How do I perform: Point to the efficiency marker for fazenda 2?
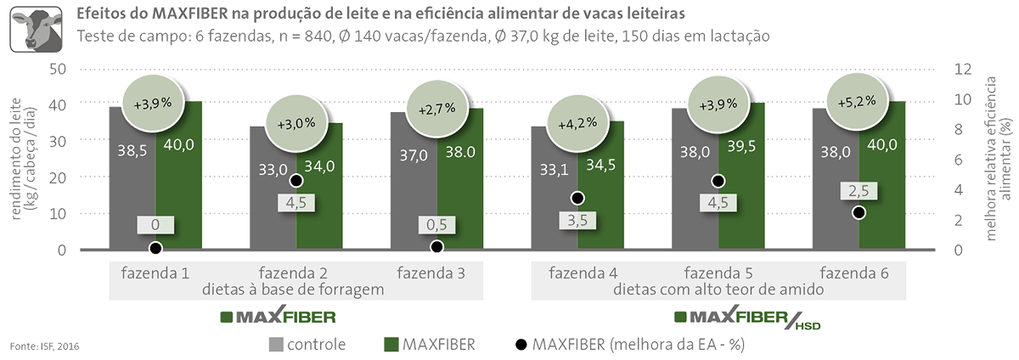(296, 181)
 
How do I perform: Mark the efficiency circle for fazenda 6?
(859, 212)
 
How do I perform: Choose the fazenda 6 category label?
(852, 273)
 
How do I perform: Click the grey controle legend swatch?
(277, 345)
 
